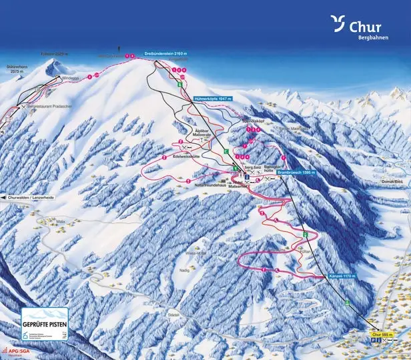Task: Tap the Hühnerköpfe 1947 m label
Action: click(212, 99)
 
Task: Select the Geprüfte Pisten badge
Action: click(45, 324)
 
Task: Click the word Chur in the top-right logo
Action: click(365, 27)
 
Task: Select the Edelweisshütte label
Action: click(187, 154)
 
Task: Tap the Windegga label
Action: click(70, 78)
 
